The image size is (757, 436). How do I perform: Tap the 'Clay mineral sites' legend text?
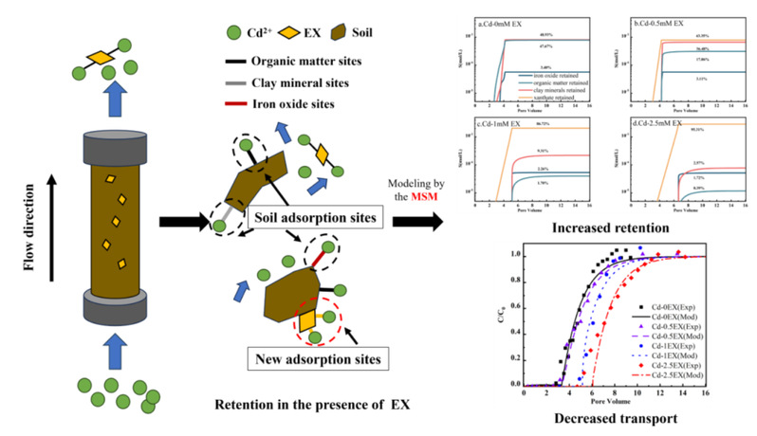click(x=277, y=83)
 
